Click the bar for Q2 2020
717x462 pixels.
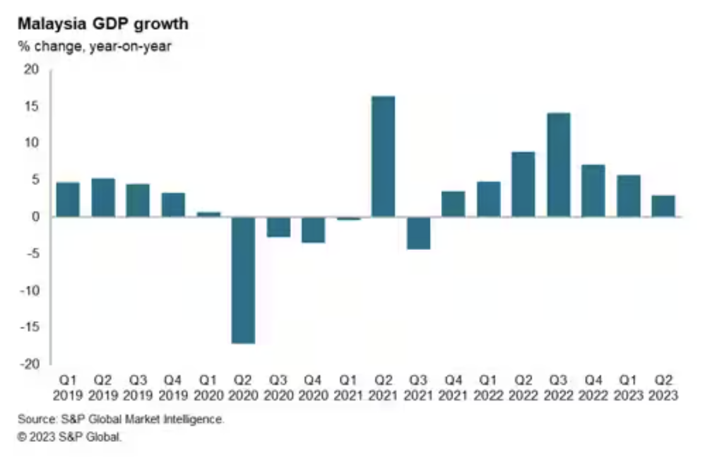pyautogui.click(x=243, y=280)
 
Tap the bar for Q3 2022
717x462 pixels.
pyautogui.click(x=558, y=165)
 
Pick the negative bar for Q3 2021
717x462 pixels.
pyautogui.click(x=418, y=233)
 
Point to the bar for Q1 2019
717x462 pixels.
pyautogui.click(x=68, y=199)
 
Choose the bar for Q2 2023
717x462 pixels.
pyautogui.click(x=663, y=206)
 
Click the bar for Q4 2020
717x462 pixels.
pyautogui.click(x=313, y=230)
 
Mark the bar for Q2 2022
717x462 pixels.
pyautogui.click(x=523, y=184)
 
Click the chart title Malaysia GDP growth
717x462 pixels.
pyautogui.click(x=103, y=24)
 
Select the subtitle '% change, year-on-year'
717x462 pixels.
pyautogui.click(x=94, y=46)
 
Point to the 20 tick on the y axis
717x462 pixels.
pyautogui.click(x=32, y=69)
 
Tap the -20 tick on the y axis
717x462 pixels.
pyautogui.click(x=29, y=364)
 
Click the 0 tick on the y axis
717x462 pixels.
pyautogui.click(x=35, y=217)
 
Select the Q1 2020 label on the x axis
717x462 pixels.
pyautogui.click(x=208, y=388)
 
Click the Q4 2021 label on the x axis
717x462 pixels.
pyautogui.click(x=453, y=388)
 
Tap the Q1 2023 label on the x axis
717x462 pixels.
pyautogui.click(x=628, y=388)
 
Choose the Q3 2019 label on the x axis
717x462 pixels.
pyautogui.click(x=138, y=388)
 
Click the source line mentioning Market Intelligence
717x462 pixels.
pyautogui.click(x=121, y=419)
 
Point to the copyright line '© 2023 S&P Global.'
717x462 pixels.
pyautogui.click(x=69, y=436)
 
